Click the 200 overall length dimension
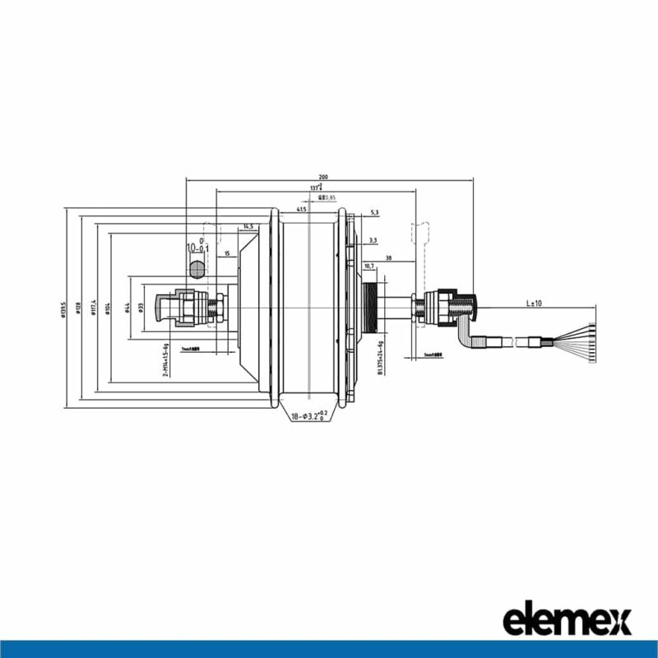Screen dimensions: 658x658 coord(322,176)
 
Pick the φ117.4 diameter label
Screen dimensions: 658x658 coord(95,308)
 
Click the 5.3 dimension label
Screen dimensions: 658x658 coord(375,213)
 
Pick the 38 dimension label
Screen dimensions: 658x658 coord(387,257)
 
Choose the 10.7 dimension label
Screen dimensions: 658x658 coord(368,266)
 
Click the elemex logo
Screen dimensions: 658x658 coord(567,619)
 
